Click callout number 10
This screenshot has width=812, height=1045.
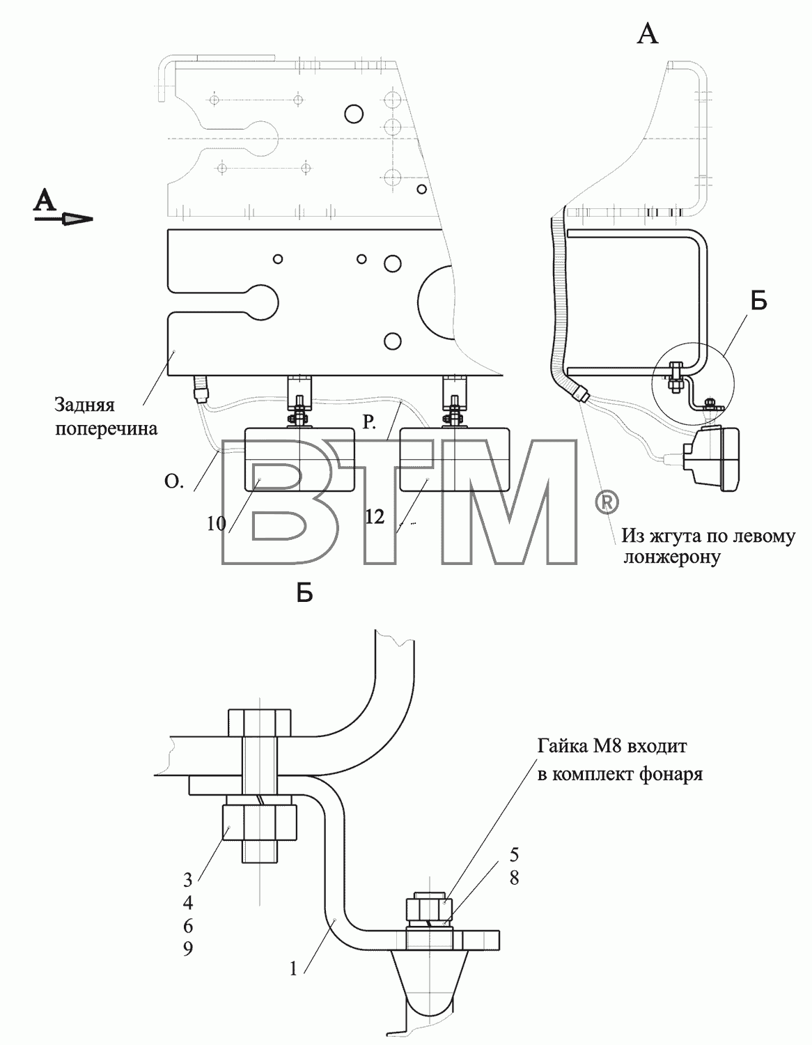[216, 523]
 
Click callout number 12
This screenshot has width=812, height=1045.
[374, 517]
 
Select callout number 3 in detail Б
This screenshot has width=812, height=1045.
[187, 880]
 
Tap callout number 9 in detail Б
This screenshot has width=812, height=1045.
[187, 948]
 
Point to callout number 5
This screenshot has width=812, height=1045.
[514, 854]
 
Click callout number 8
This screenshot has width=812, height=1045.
[514, 878]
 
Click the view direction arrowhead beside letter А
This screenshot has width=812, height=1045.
[77, 219]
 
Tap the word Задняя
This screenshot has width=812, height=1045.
[84, 405]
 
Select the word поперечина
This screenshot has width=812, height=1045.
[106, 428]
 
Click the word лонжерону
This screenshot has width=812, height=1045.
[672, 557]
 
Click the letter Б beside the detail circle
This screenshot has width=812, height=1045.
[758, 301]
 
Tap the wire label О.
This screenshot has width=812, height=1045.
[174, 481]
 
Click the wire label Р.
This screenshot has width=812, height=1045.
[369, 421]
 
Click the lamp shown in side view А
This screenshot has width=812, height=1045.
[711, 459]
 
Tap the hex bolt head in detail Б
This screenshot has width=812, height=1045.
[260, 736]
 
